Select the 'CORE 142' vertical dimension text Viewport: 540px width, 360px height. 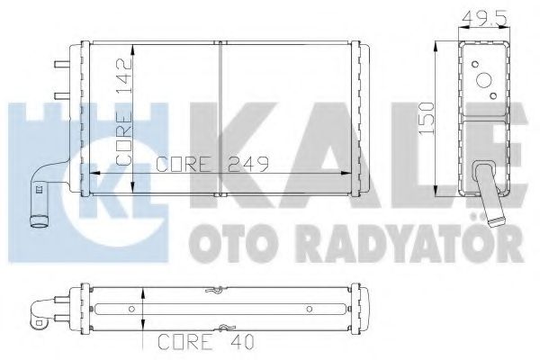point(125,113)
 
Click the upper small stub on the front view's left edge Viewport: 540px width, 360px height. point(60,64)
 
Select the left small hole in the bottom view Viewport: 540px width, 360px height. point(131,309)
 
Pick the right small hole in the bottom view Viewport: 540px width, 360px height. point(309,309)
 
